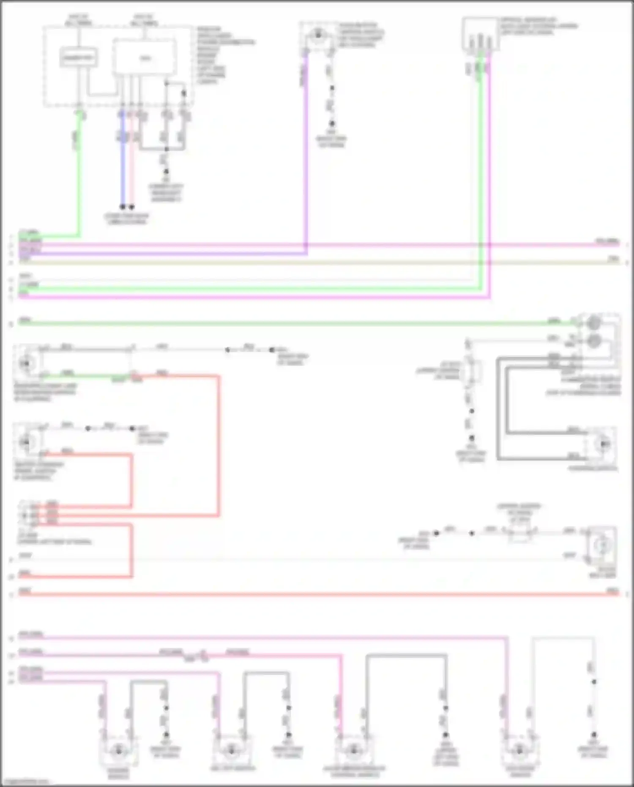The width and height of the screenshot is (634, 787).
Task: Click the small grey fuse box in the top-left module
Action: tap(79, 58)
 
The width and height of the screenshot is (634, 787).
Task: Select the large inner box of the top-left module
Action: tap(145, 58)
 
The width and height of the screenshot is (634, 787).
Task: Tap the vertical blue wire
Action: tap(123, 169)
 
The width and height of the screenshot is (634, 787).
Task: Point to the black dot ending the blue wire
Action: tap(123, 207)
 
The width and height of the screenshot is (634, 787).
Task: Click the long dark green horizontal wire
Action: tap(296, 324)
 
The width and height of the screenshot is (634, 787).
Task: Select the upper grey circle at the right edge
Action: tap(594, 323)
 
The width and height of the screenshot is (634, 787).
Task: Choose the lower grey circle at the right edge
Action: tap(594, 340)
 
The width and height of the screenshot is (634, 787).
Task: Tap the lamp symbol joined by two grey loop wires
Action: tap(603, 444)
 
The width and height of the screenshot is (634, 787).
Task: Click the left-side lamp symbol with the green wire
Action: tap(26, 363)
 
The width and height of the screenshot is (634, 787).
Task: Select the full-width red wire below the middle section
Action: tap(317, 594)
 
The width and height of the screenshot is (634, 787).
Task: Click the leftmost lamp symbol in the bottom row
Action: tap(118, 751)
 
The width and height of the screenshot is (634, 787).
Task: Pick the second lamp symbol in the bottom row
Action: tap(231, 751)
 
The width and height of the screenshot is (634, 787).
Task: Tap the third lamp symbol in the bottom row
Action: tap(353, 751)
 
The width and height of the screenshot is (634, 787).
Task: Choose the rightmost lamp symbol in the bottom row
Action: tap(520, 751)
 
